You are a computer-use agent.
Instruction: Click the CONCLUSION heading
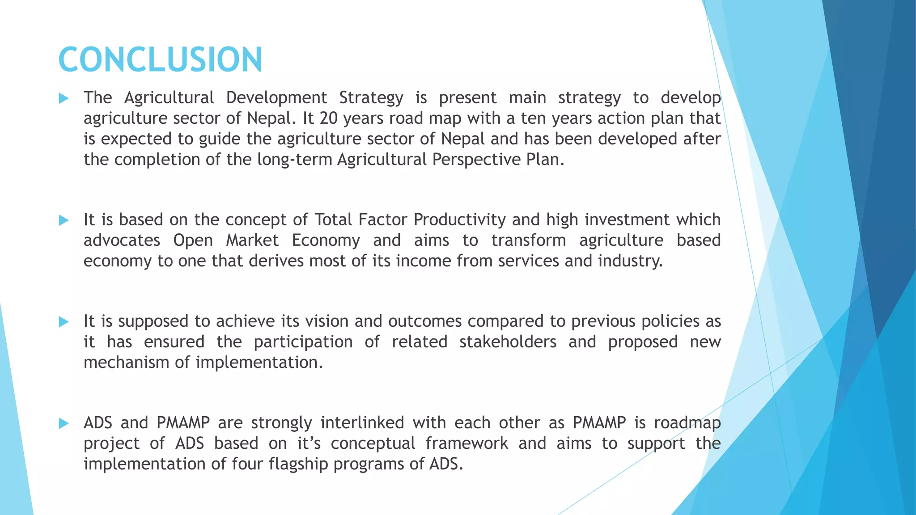click(160, 59)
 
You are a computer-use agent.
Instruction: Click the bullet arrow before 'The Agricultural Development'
click(64, 98)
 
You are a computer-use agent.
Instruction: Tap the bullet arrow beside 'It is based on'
click(64, 220)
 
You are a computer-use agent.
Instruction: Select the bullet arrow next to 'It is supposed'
click(64, 321)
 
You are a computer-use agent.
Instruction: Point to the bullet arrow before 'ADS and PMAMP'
click(64, 423)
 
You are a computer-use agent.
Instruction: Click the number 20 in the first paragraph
click(328, 118)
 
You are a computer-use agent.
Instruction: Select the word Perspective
click(473, 160)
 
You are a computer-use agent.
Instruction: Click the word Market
click(252, 241)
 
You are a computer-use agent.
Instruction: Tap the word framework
click(466, 443)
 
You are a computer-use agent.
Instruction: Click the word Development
click(276, 98)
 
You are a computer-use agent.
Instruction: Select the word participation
click(303, 342)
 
